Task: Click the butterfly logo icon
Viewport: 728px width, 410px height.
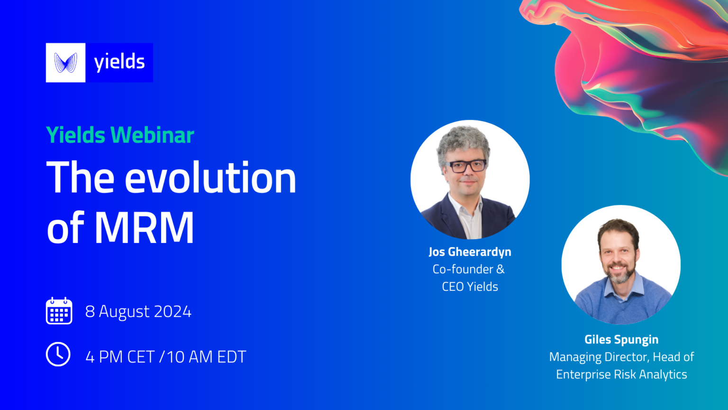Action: pos(65,63)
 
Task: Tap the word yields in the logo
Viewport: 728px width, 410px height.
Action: pos(119,62)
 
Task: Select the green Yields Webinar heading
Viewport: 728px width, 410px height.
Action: pos(120,135)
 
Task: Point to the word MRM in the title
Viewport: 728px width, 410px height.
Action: pos(144,228)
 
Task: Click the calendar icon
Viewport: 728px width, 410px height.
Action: pos(59,311)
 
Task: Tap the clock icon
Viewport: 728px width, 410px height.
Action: pos(58,354)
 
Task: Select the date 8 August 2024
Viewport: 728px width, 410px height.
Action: pos(138,312)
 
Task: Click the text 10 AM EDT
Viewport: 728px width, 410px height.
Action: pos(206,357)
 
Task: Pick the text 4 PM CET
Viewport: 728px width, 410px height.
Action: pos(120,357)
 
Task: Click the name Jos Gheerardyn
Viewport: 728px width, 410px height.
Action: pos(470,252)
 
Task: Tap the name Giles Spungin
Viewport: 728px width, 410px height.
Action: pos(621,340)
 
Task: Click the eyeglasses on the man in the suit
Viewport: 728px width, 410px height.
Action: pos(467,166)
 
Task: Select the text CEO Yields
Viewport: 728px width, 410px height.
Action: pos(470,287)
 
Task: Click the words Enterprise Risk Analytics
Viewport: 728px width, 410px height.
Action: pos(621,374)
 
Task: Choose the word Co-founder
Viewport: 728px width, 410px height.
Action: pos(463,269)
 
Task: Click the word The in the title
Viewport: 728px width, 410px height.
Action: pos(80,178)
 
